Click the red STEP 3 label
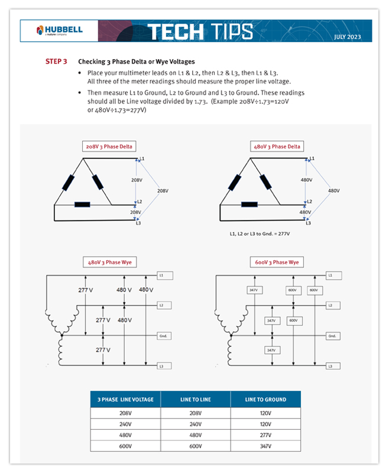56,61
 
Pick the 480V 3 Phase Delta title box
276,147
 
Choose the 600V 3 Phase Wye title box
277,262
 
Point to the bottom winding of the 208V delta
82,205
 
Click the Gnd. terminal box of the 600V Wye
334,336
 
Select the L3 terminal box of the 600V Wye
334,367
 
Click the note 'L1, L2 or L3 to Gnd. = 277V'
260,234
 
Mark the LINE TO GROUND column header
265,400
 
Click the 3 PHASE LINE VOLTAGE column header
125,400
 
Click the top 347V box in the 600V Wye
254,290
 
